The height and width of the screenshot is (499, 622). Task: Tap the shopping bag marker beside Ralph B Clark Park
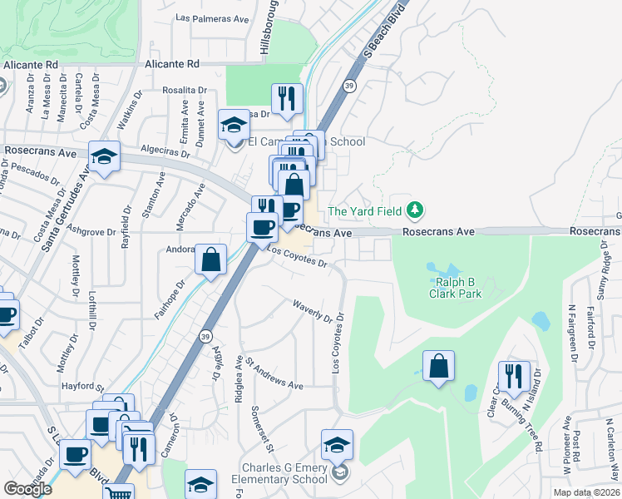tap(438, 366)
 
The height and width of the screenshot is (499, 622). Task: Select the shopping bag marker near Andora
tap(211, 259)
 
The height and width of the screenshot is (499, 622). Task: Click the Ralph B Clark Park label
tap(455, 288)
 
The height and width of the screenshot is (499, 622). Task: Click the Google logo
tap(27, 489)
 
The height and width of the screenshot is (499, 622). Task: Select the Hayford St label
tap(81, 387)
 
